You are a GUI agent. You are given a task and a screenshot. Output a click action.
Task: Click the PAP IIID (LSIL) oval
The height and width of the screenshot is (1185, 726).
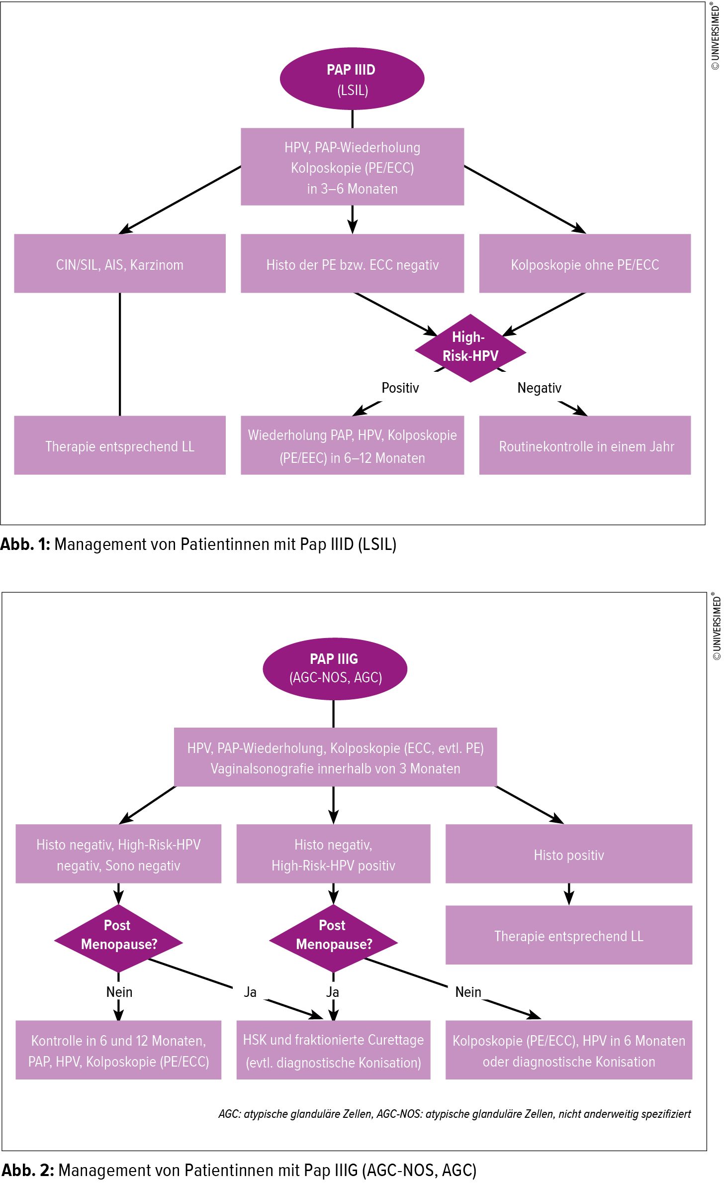click(x=352, y=79)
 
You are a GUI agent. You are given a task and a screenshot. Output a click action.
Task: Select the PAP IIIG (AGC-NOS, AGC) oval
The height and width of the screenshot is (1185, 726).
click(x=335, y=668)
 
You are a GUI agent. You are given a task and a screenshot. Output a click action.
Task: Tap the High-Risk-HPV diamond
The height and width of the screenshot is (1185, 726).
click(x=470, y=347)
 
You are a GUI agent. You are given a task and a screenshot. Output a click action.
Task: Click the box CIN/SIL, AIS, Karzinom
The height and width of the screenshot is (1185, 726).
click(x=119, y=264)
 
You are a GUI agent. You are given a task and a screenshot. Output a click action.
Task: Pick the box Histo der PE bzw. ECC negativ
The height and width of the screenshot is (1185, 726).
click(x=352, y=264)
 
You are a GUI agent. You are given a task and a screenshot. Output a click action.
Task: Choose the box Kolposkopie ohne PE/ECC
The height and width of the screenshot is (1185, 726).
click(x=585, y=264)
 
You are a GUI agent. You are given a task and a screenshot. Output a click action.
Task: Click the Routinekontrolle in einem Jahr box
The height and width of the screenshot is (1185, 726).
click(x=585, y=445)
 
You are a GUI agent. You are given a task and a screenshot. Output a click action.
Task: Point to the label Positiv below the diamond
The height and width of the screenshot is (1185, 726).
click(x=400, y=388)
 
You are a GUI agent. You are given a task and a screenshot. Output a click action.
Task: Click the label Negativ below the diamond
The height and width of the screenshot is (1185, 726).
click(x=539, y=388)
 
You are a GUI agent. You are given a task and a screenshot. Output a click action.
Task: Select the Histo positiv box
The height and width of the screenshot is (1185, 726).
click(x=568, y=854)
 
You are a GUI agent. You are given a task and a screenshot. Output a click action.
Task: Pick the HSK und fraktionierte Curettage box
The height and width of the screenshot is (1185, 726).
click(x=333, y=1050)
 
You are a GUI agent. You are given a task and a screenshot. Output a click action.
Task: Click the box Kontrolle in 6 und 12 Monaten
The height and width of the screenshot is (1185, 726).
click(x=118, y=1050)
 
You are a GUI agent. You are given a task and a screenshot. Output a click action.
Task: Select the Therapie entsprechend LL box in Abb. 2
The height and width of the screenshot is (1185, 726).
click(x=568, y=936)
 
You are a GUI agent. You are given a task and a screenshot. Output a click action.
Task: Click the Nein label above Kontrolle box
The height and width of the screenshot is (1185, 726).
click(x=119, y=992)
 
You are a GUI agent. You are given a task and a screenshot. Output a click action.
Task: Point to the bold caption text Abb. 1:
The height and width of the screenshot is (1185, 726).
click(x=25, y=544)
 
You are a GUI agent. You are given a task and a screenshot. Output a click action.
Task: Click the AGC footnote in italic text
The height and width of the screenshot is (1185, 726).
click(x=454, y=1114)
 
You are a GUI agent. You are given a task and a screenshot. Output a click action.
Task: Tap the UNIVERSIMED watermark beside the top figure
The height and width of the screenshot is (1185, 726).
click(x=716, y=37)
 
